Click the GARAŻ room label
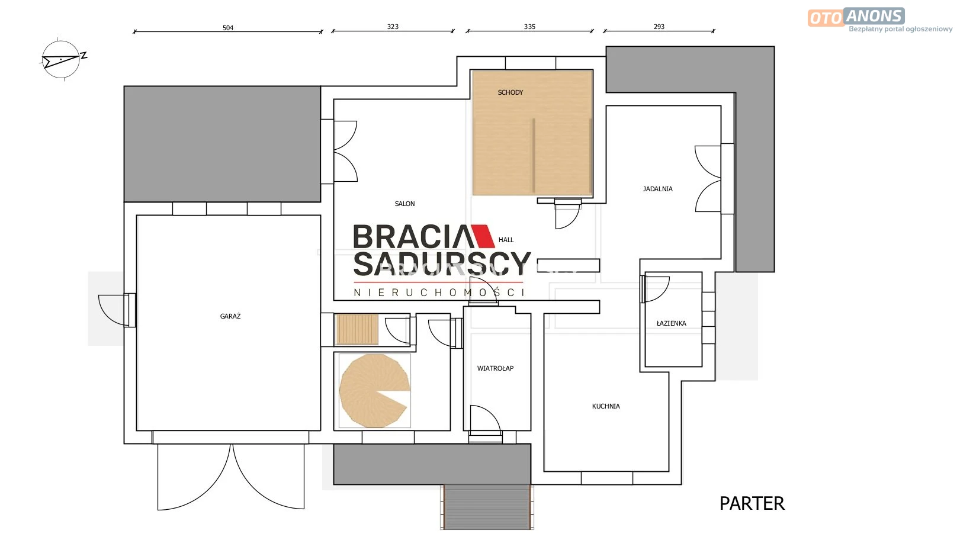(230, 316)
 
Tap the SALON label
(404, 204)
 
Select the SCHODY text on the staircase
(510, 92)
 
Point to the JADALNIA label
(657, 189)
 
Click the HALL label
(506, 240)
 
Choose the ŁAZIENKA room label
(672, 323)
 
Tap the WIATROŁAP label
(495, 368)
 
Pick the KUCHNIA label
(606, 406)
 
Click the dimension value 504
(227, 28)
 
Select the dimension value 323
(393, 27)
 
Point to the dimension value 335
(529, 27)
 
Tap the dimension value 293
(659, 27)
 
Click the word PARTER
(752, 503)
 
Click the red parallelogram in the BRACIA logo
(483, 236)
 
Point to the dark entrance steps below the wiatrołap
(487, 507)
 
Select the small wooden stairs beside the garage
(357, 330)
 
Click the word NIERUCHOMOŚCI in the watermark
(439, 292)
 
